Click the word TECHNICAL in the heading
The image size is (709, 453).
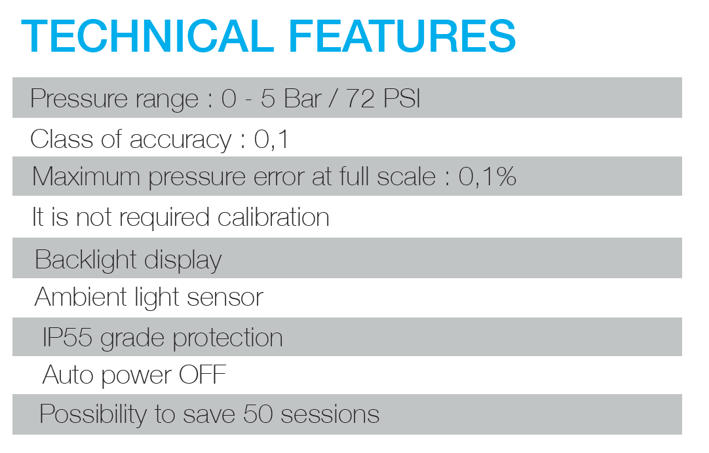click(147, 36)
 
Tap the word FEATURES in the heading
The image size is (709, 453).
click(402, 36)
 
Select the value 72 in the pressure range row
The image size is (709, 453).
click(360, 98)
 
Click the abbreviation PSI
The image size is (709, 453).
click(402, 98)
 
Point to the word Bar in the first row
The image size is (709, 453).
click(303, 98)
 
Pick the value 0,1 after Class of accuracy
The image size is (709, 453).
click(271, 139)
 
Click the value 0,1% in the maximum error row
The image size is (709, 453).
click(487, 176)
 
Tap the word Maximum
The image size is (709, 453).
click(86, 176)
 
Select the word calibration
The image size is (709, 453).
click(273, 217)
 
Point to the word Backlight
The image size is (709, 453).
click(85, 259)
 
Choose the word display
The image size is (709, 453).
click(183, 260)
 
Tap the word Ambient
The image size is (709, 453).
click(81, 297)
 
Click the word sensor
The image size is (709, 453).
click(225, 298)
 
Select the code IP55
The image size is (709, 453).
click(67, 337)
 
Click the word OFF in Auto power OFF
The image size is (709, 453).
click(202, 374)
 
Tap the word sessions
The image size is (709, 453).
click(330, 414)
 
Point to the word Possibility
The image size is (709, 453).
click(92, 414)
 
